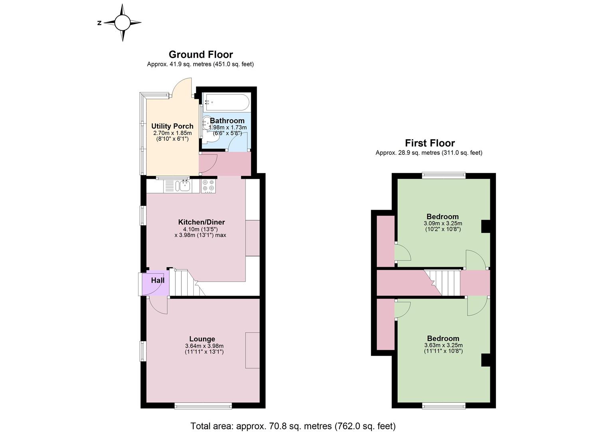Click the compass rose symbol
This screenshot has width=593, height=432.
[x=123, y=23]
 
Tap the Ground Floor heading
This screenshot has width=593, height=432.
[x=201, y=55]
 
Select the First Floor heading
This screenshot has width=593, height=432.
[x=430, y=143]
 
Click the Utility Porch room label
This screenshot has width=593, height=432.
[x=173, y=126]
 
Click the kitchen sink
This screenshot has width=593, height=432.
[x=184, y=186]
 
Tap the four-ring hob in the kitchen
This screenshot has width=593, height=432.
[x=208, y=186]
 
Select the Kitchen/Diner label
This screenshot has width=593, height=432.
[x=202, y=222]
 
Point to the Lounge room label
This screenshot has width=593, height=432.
[x=202, y=339]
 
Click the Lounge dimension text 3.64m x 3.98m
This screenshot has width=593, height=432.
[x=204, y=346]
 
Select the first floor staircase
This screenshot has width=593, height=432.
[x=442, y=283]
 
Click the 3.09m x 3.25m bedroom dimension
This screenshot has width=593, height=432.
[x=443, y=224]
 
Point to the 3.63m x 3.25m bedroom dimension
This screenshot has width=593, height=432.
[x=443, y=345]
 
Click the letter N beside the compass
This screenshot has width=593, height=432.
[x=99, y=23]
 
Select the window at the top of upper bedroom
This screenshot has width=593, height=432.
[x=444, y=175]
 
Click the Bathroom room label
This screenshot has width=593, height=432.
[x=227, y=121]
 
